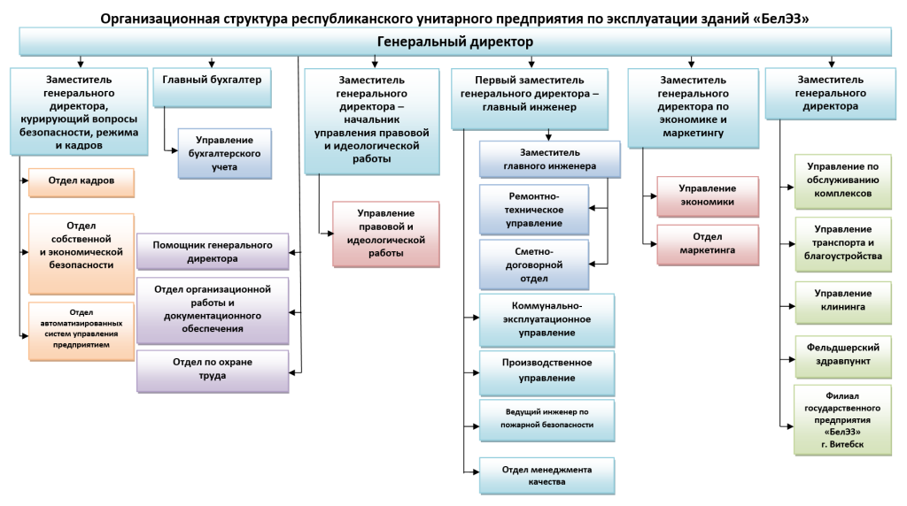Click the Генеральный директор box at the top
point(454,42)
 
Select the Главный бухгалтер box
point(212,88)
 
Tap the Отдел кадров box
point(81,182)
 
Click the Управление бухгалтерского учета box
point(224,154)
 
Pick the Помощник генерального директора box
point(213,252)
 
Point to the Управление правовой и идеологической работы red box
point(386,234)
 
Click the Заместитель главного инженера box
point(549,159)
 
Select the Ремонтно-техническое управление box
point(534,210)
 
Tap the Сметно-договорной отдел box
point(534,265)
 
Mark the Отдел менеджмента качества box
point(547,476)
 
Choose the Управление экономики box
point(708,196)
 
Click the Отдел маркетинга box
point(708,245)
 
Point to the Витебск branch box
point(843,420)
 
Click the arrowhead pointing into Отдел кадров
point(25,180)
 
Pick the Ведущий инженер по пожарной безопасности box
point(547,420)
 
